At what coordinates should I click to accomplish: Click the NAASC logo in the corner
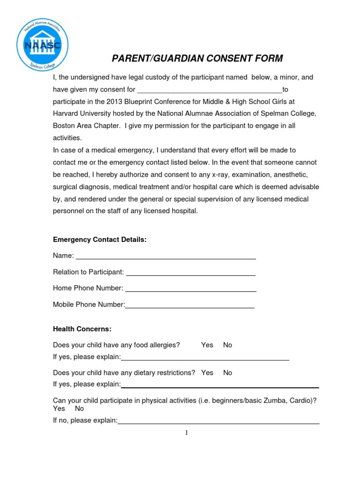pyautogui.click(x=42, y=45)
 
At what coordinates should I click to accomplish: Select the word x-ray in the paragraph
pyautogui.click(x=221, y=174)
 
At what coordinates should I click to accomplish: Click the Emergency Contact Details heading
pyautogui.click(x=100, y=240)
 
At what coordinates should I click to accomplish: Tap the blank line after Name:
pyautogui.click(x=166, y=257)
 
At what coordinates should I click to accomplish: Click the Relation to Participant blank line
pyautogui.click(x=191, y=273)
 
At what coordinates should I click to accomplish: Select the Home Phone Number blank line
pyautogui.click(x=191, y=290)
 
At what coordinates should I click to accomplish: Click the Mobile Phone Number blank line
pyautogui.click(x=190, y=306)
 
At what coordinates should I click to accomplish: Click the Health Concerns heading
pyautogui.click(x=82, y=329)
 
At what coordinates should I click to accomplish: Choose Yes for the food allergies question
pyautogui.click(x=207, y=345)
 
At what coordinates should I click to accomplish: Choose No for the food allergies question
pyautogui.click(x=228, y=345)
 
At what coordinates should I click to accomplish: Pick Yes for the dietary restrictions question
pyautogui.click(x=207, y=373)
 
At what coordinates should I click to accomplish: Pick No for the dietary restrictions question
pyautogui.click(x=228, y=373)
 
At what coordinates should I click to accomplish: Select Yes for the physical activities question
pyautogui.click(x=59, y=409)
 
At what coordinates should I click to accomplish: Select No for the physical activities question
pyautogui.click(x=79, y=409)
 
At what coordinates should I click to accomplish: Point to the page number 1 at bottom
pyautogui.click(x=186, y=433)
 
